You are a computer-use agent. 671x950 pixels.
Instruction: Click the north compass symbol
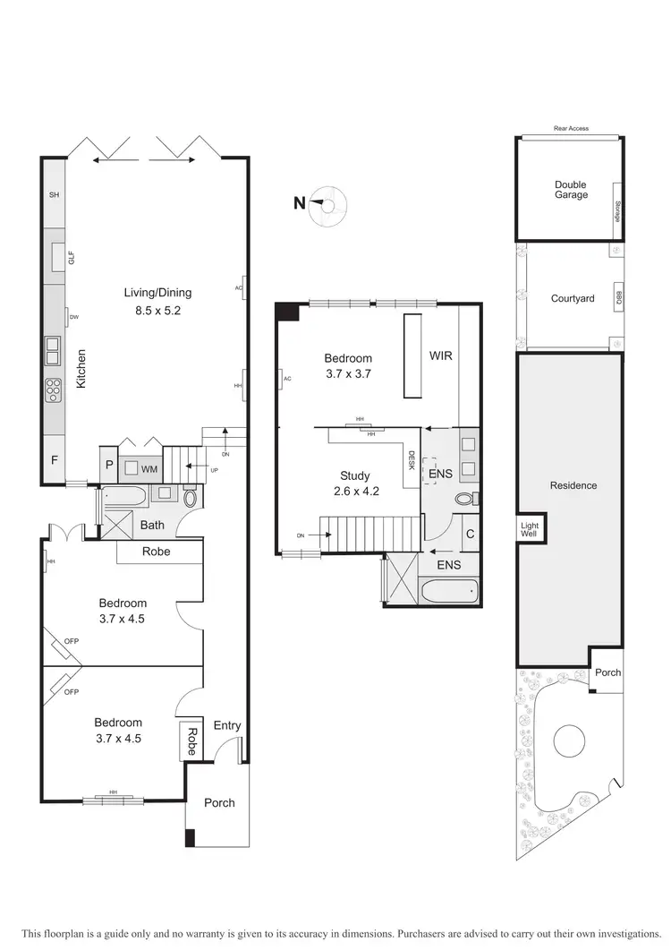point(327,205)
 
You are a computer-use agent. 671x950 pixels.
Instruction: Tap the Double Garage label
point(571,190)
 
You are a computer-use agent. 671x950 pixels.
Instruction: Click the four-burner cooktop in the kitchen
point(53,388)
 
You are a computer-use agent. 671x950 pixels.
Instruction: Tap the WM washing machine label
point(149,467)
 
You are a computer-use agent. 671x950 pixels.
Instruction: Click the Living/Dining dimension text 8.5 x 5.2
point(157,312)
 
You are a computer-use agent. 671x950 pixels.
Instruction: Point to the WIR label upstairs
point(440,355)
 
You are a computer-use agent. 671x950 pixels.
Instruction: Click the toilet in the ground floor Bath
point(191,500)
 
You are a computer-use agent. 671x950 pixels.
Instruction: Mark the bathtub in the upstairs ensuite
point(448,591)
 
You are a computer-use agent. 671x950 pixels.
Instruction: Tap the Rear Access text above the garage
point(571,129)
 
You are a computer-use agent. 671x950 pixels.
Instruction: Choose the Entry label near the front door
point(226,725)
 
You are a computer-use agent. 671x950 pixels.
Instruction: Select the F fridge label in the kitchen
point(54,461)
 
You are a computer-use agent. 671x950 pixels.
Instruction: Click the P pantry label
point(109,464)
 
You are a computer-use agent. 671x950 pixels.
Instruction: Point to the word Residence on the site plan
point(573,485)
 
